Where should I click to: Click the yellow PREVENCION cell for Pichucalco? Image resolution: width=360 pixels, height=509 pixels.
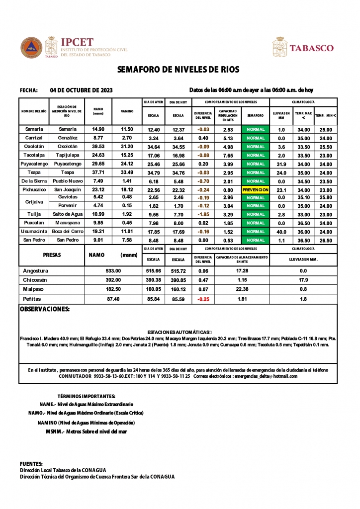click(x=256, y=190)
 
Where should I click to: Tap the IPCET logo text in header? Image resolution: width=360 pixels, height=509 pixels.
click(x=77, y=42)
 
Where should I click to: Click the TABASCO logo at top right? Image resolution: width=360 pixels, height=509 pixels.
click(x=318, y=48)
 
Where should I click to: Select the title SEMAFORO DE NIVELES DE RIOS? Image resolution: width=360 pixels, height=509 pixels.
click(x=180, y=70)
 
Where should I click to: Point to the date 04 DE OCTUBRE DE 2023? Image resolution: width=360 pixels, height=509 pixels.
click(x=82, y=90)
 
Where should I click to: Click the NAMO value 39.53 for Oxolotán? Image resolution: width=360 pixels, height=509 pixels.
click(x=98, y=147)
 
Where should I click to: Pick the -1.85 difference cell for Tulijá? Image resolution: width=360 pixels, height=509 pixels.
click(x=203, y=214)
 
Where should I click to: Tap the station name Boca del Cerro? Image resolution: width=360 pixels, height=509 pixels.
click(x=67, y=232)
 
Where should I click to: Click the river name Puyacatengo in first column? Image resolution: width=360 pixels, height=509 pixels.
click(x=34, y=164)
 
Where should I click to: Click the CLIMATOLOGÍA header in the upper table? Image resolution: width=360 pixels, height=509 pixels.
click(x=303, y=101)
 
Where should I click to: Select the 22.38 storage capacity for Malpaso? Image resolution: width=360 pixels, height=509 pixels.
click(x=242, y=289)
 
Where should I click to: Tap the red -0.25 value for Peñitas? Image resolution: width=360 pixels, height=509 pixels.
click(x=203, y=299)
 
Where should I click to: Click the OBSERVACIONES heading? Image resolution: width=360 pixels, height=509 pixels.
click(x=44, y=309)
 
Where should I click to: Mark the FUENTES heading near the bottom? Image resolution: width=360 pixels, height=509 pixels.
click(x=31, y=464)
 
